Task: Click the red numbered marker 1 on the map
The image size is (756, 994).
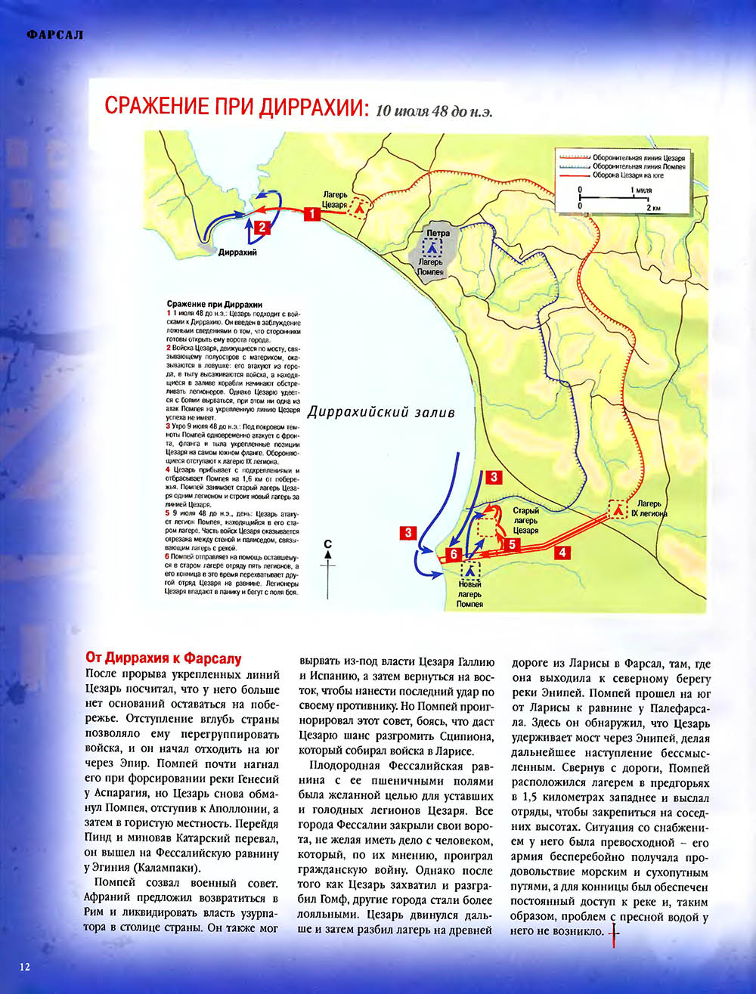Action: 311,214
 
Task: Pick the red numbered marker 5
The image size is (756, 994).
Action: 511,543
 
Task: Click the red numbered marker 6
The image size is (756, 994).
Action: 453,554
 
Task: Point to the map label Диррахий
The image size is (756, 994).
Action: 237,252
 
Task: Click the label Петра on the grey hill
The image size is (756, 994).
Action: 438,233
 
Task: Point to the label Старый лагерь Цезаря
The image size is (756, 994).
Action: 525,520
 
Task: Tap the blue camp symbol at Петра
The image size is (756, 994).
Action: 432,246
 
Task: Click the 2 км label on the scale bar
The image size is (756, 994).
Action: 653,206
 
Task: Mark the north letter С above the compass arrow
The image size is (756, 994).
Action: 327,543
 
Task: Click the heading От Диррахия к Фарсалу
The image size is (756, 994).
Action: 163,658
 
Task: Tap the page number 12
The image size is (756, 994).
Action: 25,967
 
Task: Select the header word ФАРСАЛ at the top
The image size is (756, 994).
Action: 54,35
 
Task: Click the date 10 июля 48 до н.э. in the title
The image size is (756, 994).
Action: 435,111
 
